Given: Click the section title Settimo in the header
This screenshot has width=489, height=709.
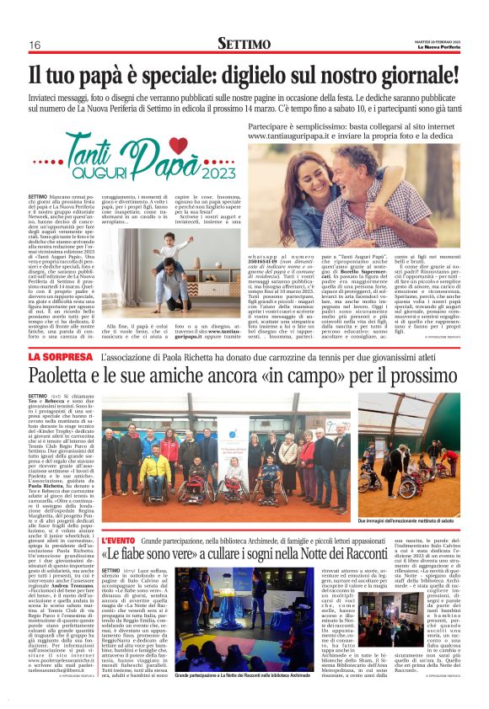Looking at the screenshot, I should point(244,43).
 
